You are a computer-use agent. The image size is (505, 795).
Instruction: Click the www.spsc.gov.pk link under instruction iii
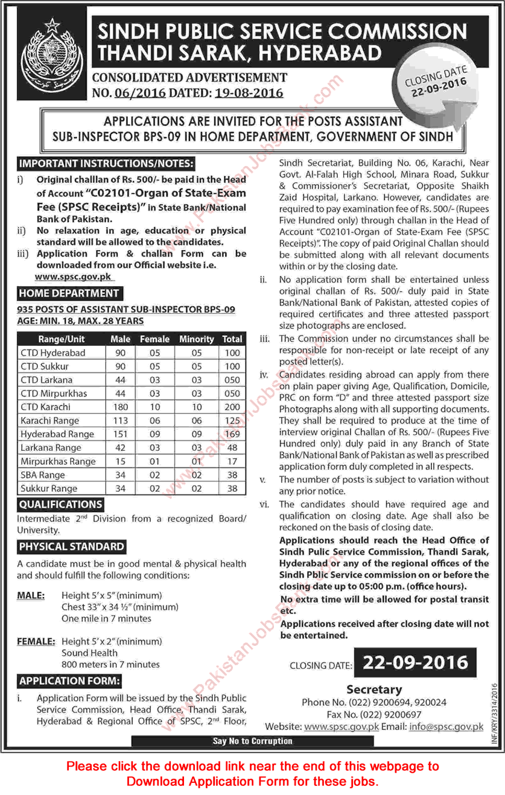(x=74, y=276)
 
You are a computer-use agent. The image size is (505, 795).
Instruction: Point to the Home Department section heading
(x=69, y=293)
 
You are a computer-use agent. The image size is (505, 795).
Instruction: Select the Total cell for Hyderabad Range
(x=232, y=434)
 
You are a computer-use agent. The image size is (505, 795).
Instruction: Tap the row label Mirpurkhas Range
(x=58, y=461)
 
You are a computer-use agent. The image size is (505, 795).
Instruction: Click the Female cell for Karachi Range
(x=155, y=421)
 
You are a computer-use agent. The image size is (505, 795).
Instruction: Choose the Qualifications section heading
(x=60, y=504)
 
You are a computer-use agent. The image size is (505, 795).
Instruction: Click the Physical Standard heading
(x=71, y=547)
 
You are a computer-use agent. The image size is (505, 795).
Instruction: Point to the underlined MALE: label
(x=31, y=595)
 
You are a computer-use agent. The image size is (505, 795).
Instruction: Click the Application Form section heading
(x=69, y=682)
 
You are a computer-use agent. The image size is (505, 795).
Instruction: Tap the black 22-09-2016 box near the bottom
(x=416, y=663)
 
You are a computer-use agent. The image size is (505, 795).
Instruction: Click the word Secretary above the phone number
(x=374, y=689)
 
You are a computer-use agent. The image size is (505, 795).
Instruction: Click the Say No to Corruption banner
(x=252, y=741)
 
